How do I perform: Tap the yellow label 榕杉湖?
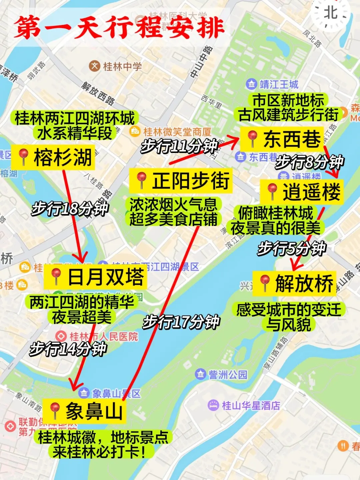pos(53,157)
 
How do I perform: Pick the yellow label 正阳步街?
pos(181,181)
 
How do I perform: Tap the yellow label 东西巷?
pos(282,139)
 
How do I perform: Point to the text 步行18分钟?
pos(70,209)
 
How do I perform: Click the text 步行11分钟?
pos(179,146)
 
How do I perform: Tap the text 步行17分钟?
pos(181,322)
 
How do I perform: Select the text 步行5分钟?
pos(292,249)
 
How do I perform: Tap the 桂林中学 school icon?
pos(95,66)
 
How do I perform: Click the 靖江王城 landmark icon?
pos(251,84)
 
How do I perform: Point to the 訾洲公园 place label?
pos(228,375)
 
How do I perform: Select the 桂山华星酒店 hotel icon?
pos(213,405)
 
